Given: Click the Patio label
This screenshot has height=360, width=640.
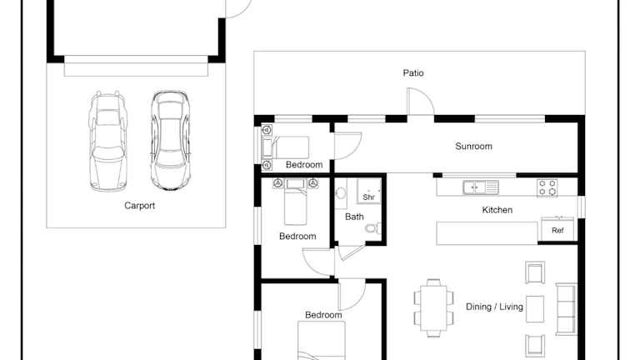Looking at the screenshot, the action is pyautogui.click(x=413, y=73).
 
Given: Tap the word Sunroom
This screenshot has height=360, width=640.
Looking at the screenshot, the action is pyautogui.click(x=473, y=146).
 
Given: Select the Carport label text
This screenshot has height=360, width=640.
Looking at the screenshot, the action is pyautogui.click(x=140, y=206).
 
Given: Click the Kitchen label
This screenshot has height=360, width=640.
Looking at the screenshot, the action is pyautogui.click(x=497, y=210).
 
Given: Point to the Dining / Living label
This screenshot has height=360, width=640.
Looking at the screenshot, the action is pyautogui.click(x=494, y=307).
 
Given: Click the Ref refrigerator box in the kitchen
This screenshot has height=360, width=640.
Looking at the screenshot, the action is pyautogui.click(x=557, y=230).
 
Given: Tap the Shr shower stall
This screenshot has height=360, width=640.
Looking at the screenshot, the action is pyautogui.click(x=369, y=191).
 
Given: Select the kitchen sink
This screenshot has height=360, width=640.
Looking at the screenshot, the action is pyautogui.click(x=481, y=187).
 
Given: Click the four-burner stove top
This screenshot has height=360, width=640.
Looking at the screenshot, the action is pyautogui.click(x=547, y=187).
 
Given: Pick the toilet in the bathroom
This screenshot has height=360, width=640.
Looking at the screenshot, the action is pyautogui.click(x=373, y=228).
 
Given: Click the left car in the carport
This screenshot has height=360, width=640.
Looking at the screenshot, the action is pyautogui.click(x=107, y=141).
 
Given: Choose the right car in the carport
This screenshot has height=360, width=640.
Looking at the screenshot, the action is pyautogui.click(x=170, y=140).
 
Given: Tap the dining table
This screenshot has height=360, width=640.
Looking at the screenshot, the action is pyautogui.click(x=433, y=307).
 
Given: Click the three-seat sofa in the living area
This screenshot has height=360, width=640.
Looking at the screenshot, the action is pyautogui.click(x=566, y=309).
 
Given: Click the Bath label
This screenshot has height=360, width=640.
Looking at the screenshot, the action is pyautogui.click(x=354, y=217).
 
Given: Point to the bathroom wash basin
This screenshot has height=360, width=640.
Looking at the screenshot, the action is pyautogui.click(x=341, y=193).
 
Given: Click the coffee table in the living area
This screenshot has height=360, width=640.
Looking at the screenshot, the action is pyautogui.click(x=535, y=309).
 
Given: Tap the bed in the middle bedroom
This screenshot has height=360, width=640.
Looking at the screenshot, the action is pyautogui.click(x=296, y=202).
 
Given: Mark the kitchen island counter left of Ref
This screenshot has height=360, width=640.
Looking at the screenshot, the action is pyautogui.click(x=487, y=233).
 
